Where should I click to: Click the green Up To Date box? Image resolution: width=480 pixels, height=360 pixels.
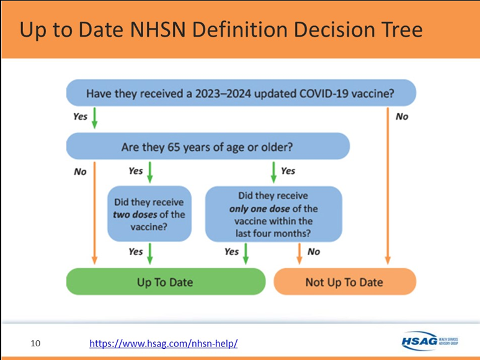(166, 282)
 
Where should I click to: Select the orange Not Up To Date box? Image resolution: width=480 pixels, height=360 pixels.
(345, 282)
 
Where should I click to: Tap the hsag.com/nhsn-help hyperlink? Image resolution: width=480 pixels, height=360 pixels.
(164, 343)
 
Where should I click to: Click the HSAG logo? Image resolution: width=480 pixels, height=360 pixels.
(430, 341)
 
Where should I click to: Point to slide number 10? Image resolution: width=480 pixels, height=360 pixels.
(35, 343)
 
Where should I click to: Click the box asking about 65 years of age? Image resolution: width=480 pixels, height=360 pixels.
(208, 146)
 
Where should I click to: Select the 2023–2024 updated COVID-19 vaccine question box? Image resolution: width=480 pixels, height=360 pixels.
(241, 93)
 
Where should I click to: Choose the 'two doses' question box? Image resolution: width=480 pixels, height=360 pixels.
(149, 214)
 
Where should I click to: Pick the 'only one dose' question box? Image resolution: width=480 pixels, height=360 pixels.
(273, 214)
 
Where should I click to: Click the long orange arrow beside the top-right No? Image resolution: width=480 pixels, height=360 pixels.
(388, 186)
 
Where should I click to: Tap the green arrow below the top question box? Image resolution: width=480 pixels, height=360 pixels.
(95, 118)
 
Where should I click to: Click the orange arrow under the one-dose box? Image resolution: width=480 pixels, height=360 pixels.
(300, 254)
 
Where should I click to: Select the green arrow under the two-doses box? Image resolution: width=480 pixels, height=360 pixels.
(149, 254)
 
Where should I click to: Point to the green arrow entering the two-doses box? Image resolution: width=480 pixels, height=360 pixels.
(149, 173)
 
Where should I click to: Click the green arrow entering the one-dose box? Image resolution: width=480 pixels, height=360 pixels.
(273, 173)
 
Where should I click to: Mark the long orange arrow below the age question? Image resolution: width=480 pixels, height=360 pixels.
(95, 213)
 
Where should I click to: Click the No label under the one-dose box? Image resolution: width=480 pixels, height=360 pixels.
(314, 252)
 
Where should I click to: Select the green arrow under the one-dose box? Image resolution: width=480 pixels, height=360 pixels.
(246, 254)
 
